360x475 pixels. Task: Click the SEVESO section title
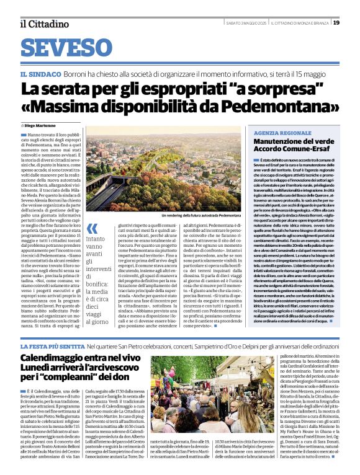click(64, 48)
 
